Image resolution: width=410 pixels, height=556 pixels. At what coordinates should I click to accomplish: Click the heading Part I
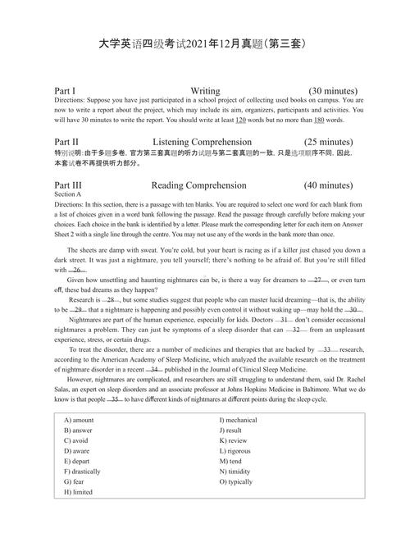[x=65, y=90]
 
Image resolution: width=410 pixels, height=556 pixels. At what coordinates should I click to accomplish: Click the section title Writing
[x=205, y=90]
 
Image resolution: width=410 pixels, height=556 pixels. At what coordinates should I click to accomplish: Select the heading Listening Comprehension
[x=205, y=141]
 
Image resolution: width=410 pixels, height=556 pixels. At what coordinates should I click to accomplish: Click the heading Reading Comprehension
[x=204, y=185]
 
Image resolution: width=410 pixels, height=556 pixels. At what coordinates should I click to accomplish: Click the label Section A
[x=68, y=194]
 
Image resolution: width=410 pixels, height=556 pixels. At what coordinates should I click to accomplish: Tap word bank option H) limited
[x=78, y=492]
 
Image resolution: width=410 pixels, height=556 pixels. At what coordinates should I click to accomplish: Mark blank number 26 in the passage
[x=77, y=270]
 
